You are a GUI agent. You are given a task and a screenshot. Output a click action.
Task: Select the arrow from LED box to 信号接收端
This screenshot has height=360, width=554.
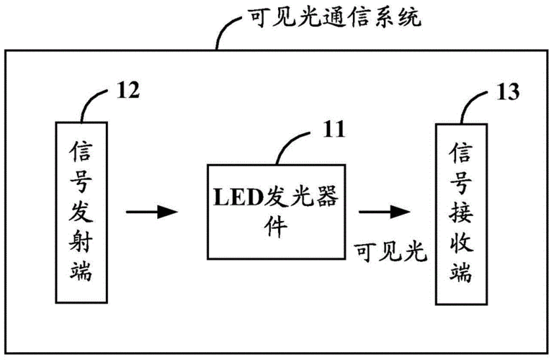click(x=384, y=212)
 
